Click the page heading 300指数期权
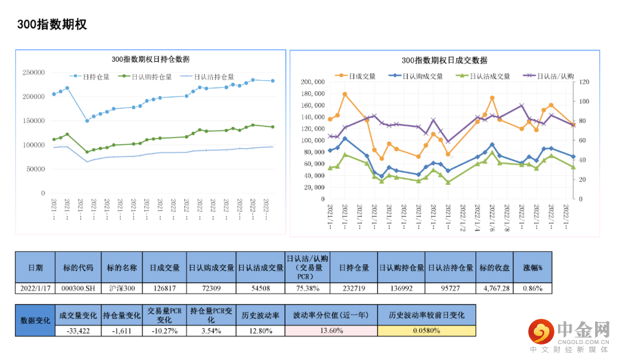[52, 24]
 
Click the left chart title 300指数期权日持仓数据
[150, 59]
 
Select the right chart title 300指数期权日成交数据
[445, 60]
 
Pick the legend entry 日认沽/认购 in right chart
[556, 76]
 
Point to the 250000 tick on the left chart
[34, 73]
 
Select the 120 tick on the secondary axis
[584, 82]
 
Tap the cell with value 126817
[165, 288]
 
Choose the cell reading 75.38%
[307, 288]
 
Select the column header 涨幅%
[533, 267]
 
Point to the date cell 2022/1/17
[35, 288]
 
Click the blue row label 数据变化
[35, 320]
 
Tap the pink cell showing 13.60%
[331, 330]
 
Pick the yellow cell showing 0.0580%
[426, 330]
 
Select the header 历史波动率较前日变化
[426, 315]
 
